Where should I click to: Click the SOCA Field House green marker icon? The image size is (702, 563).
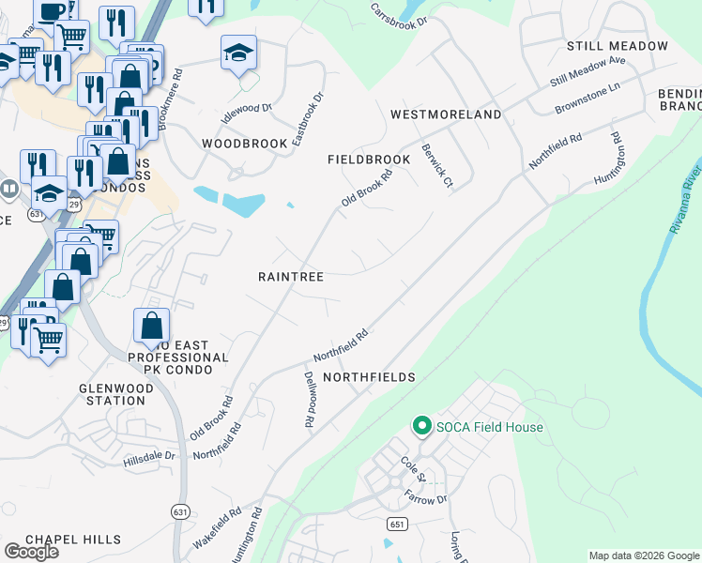point(421,427)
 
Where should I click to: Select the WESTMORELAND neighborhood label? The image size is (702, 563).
point(446,114)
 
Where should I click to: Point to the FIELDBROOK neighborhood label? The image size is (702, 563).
point(369,160)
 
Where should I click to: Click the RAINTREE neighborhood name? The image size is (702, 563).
point(291,278)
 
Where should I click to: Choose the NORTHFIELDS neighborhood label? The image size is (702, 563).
point(369,377)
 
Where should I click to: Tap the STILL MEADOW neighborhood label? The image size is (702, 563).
point(618,46)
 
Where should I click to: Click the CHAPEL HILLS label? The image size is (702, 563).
point(73,540)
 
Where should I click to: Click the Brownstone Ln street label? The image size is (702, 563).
point(588,97)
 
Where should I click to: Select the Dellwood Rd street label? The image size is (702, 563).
point(308,400)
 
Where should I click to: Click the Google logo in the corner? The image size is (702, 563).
point(31,551)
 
